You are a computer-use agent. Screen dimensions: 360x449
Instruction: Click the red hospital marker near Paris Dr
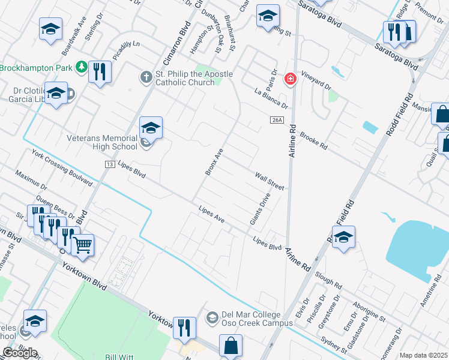[x=291, y=79]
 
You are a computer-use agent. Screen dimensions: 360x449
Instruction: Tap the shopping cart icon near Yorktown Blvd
[x=83, y=244]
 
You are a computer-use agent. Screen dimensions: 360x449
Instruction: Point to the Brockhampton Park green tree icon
[x=82, y=68]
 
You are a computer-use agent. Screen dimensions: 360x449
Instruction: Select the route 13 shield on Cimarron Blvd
[x=109, y=164]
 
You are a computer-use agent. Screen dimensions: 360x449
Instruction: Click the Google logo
[x=19, y=353]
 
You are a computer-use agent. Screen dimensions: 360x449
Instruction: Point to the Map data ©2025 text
[x=423, y=355]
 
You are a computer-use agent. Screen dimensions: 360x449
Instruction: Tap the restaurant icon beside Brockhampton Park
[x=100, y=72]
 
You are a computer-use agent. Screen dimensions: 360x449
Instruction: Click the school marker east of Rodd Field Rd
[x=343, y=238]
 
